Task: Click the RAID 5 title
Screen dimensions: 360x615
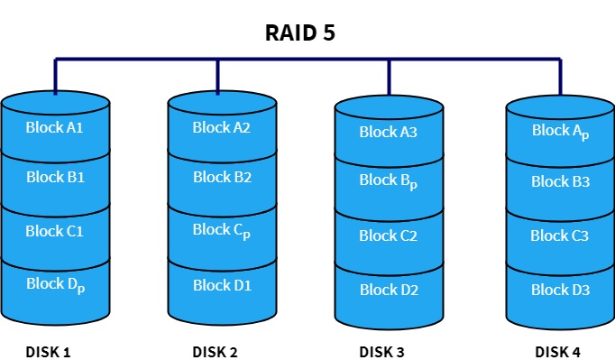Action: [x=300, y=33]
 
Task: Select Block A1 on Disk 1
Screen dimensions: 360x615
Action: [x=55, y=127]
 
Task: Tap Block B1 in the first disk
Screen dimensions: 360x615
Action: [x=55, y=178]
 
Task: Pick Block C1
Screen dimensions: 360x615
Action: [x=55, y=231]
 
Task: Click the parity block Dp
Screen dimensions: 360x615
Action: [x=55, y=286]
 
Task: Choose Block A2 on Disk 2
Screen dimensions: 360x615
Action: [x=221, y=127]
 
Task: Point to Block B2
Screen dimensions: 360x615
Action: [x=221, y=178]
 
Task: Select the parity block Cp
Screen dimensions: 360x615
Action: [x=221, y=231]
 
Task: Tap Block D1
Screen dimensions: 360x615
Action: [x=221, y=285]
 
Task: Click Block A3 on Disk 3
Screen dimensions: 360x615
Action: [x=389, y=133]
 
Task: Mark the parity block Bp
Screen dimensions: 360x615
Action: [x=389, y=181]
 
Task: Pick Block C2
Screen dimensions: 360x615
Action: [x=389, y=236]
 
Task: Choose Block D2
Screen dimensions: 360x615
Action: [x=389, y=290]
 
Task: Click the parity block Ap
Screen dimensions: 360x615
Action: [x=560, y=132]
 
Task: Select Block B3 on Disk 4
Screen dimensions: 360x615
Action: [x=560, y=181]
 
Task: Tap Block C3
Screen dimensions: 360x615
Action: [x=560, y=236]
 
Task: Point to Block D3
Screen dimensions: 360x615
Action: [x=560, y=290]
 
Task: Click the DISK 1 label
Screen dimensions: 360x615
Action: [x=49, y=351]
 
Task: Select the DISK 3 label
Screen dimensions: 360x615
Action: [x=382, y=351]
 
